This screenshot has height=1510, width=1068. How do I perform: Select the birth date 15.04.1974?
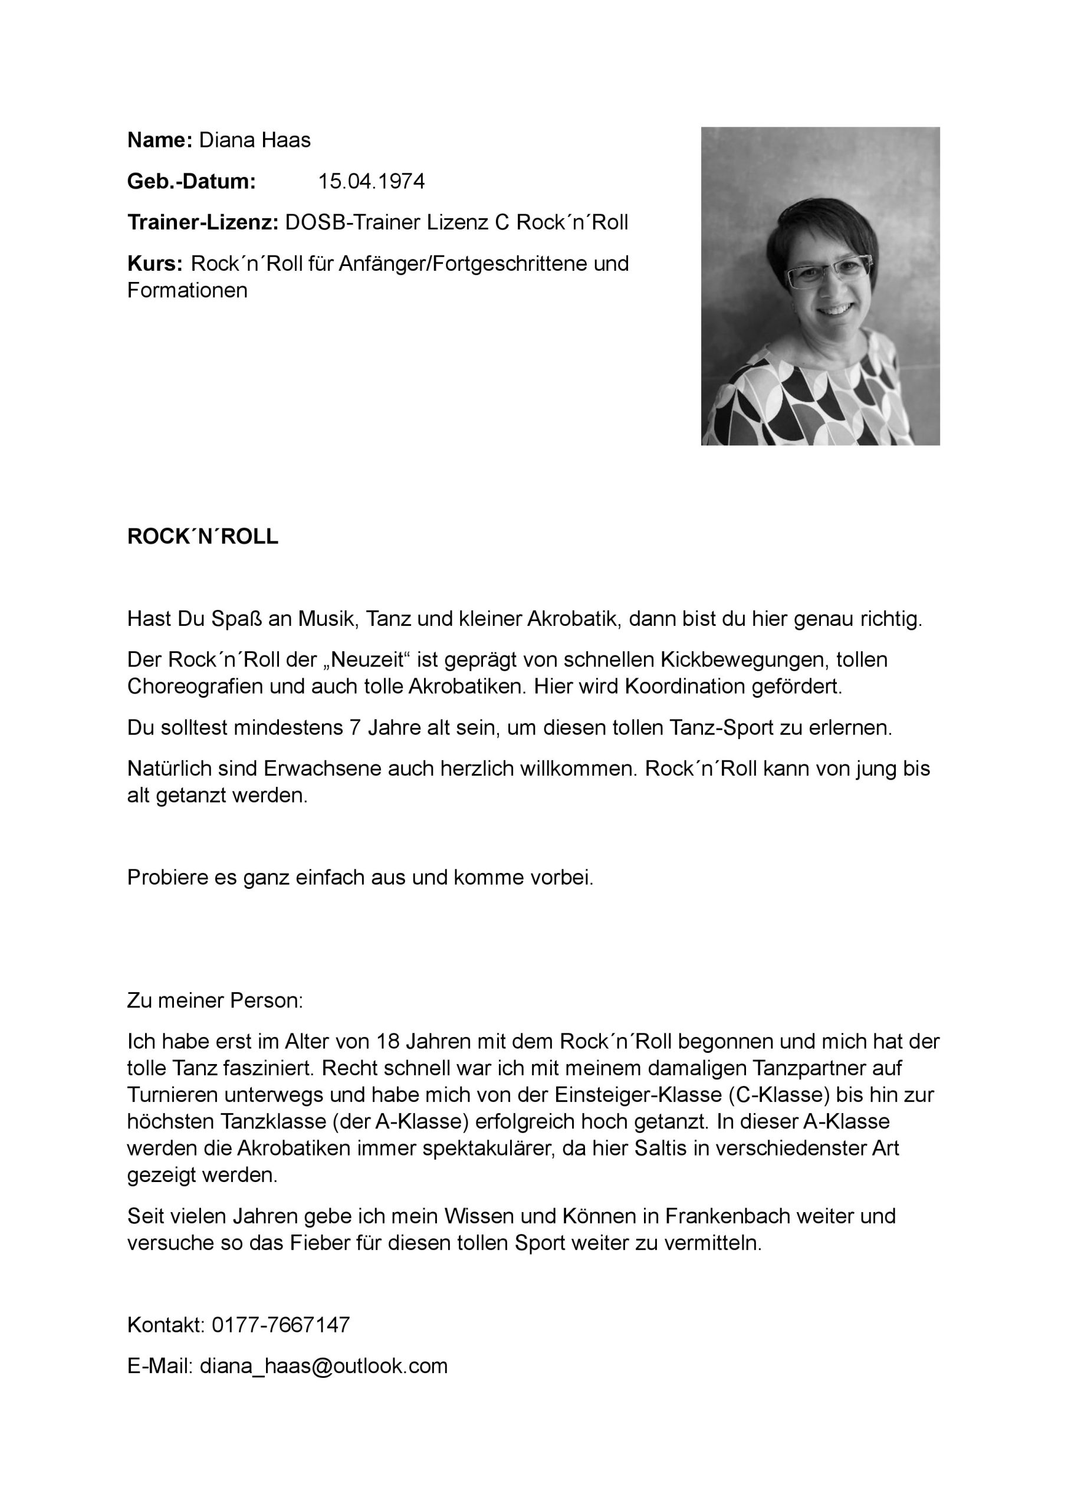(372, 182)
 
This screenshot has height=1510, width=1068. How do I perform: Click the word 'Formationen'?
(188, 291)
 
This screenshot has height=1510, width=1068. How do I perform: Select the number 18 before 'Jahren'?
(388, 1042)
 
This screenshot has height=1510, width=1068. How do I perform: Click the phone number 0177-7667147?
(281, 1325)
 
